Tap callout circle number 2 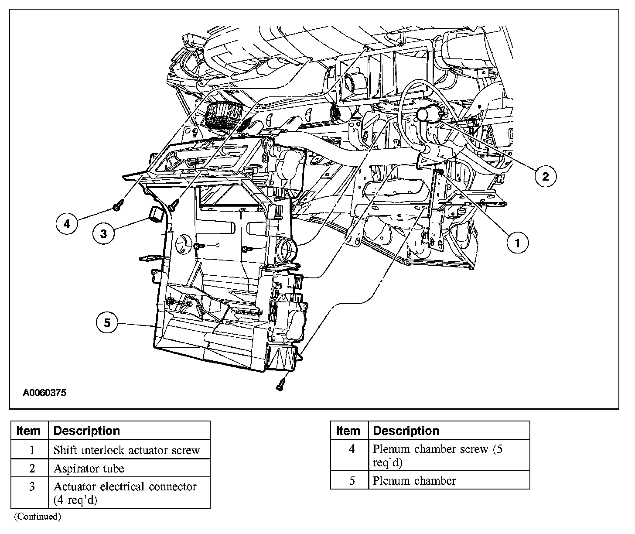(546, 176)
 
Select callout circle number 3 (103, 233)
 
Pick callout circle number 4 (67, 224)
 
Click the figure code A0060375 (44, 393)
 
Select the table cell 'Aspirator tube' (89, 469)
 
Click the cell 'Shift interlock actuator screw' (126, 450)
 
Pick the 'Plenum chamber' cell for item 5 (414, 481)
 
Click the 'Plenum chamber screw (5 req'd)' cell (438, 455)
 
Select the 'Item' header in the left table (28, 431)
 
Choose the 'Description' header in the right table (406, 431)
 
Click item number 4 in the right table (352, 449)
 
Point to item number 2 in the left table (32, 469)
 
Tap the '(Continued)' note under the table (38, 517)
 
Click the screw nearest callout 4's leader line (116, 205)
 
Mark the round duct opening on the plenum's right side (287, 250)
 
